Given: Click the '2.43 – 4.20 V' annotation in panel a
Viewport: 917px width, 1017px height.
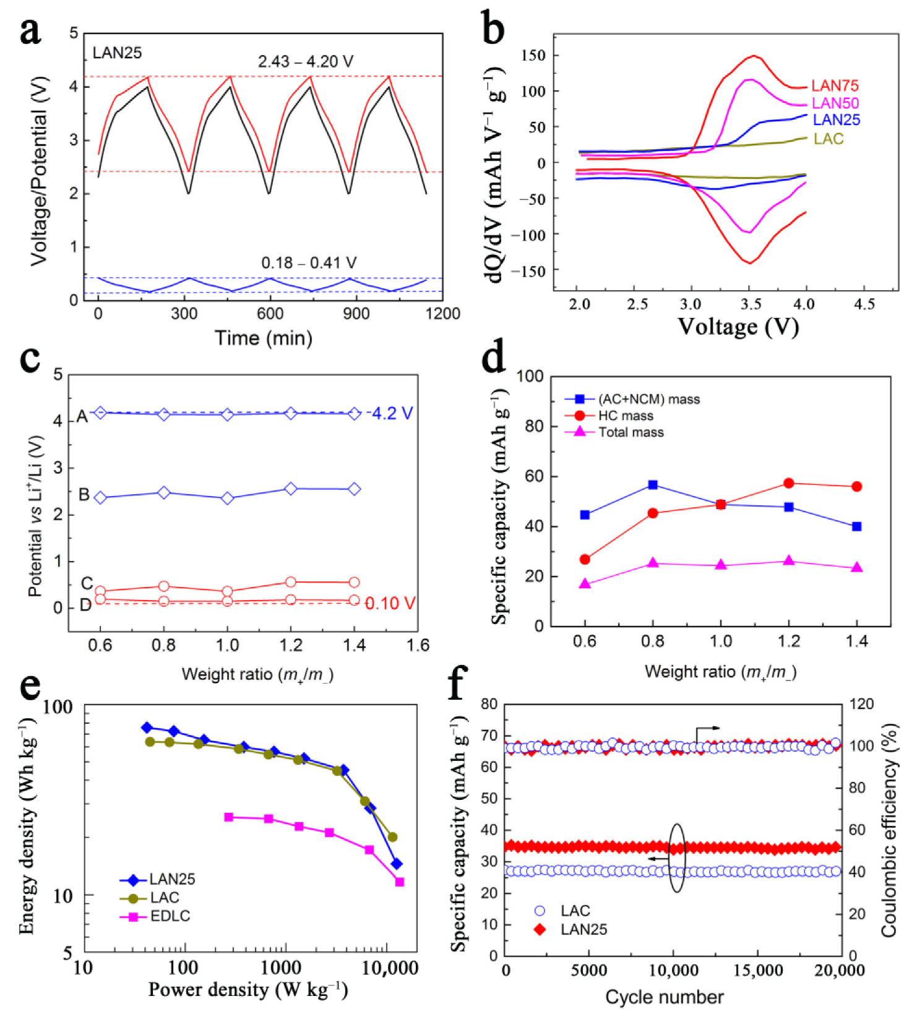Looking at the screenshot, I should click(x=305, y=62).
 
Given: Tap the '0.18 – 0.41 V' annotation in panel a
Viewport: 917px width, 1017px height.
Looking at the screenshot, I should click(x=308, y=263).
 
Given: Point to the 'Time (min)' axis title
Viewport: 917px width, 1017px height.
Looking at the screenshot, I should click(x=263, y=338).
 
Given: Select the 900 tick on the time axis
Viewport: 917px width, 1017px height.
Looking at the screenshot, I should click(x=356, y=314).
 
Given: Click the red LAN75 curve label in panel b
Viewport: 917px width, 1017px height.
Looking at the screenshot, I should click(x=835, y=86).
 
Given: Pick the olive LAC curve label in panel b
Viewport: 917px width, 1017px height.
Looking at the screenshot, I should click(x=828, y=139).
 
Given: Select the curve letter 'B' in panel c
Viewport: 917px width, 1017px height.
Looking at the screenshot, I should click(x=84, y=495).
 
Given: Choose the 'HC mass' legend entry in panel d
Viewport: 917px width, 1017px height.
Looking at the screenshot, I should click(x=625, y=416).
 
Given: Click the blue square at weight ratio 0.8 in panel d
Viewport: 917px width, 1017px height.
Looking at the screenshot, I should click(x=652, y=485).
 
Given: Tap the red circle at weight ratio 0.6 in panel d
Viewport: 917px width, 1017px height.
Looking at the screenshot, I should click(x=585, y=559).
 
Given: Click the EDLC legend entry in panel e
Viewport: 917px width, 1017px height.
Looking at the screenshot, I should click(x=170, y=916).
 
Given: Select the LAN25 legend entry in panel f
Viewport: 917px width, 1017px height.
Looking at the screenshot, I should click(x=583, y=929).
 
